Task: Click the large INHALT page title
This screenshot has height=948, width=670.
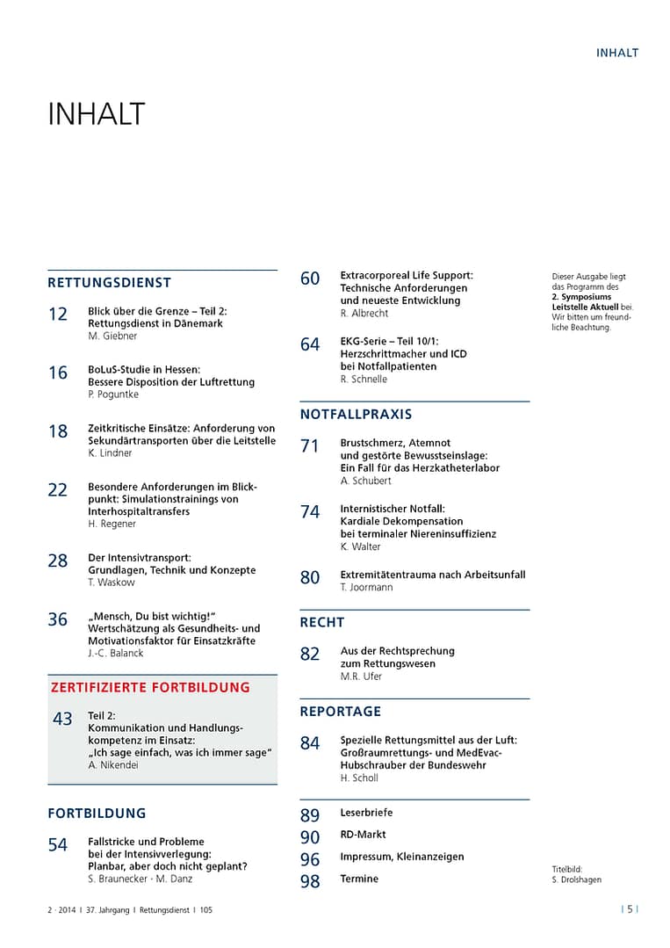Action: pyautogui.click(x=96, y=115)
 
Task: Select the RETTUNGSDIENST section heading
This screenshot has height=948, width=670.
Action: pyautogui.click(x=109, y=283)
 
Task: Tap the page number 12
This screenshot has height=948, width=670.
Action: pyautogui.click(x=58, y=315)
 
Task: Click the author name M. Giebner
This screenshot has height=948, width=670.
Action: pyautogui.click(x=112, y=336)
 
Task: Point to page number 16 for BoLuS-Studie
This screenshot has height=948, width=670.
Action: pyautogui.click(x=58, y=373)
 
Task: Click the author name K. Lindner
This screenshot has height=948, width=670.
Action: pyautogui.click(x=112, y=453)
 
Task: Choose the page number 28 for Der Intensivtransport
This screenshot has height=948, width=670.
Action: pyautogui.click(x=58, y=561)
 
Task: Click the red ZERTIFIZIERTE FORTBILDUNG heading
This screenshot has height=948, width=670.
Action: pyautogui.click(x=149, y=688)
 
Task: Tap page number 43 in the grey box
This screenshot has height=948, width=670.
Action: pyautogui.click(x=62, y=720)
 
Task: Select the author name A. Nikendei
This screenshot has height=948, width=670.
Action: pyautogui.click(x=113, y=765)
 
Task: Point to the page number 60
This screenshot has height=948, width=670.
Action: pyautogui.click(x=310, y=279)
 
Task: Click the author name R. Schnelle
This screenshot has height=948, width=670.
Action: pyautogui.click(x=364, y=380)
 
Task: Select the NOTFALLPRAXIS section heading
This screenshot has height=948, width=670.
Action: pyautogui.click(x=356, y=414)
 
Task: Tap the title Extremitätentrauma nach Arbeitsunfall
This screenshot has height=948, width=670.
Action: pyautogui.click(x=433, y=575)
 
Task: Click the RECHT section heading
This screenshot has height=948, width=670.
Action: pyautogui.click(x=322, y=622)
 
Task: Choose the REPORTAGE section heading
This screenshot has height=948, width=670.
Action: pyautogui.click(x=341, y=711)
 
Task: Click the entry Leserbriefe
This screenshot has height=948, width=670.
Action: pyautogui.click(x=366, y=813)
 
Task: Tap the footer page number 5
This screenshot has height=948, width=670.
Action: pyautogui.click(x=630, y=910)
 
